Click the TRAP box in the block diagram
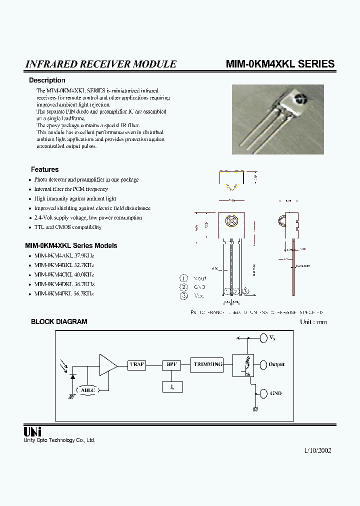[137, 364]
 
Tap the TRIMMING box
[207, 364]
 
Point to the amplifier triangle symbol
[107, 365]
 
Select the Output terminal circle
[263, 364]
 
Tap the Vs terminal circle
[263, 338]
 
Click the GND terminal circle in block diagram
[263, 393]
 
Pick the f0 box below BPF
[172, 386]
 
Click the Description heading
[47, 80]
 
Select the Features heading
[44, 169]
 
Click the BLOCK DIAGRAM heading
[59, 322]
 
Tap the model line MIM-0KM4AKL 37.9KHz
[64, 255]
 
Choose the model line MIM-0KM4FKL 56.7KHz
[64, 293]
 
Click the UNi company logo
[32, 431]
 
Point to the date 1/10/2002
[317, 450]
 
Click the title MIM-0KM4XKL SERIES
[280, 64]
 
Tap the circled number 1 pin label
[184, 278]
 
